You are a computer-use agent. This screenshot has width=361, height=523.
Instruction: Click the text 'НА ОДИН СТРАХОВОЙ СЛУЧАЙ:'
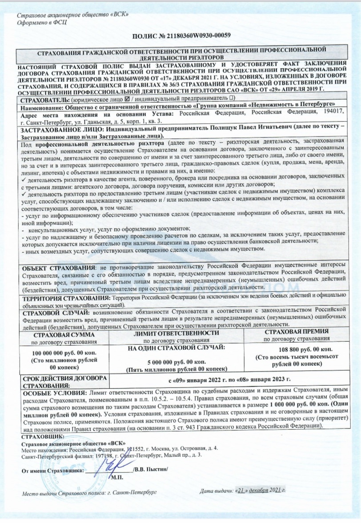click(x=176, y=347)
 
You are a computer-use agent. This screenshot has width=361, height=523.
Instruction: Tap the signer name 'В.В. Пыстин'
click(x=151, y=470)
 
